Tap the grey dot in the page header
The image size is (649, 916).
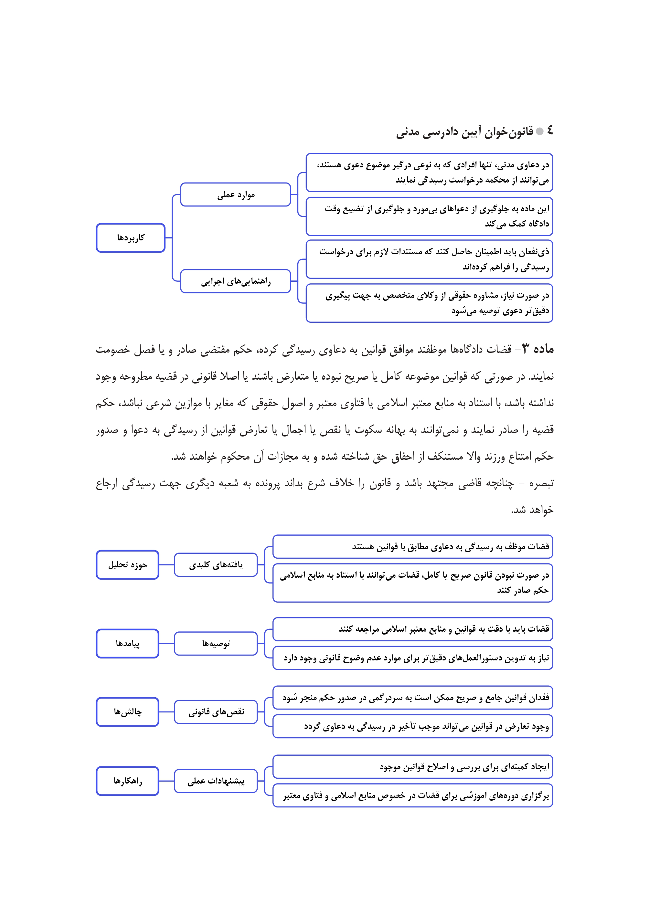pos(539,131)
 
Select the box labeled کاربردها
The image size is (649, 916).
pos(131,238)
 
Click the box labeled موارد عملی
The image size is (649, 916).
pos(235,195)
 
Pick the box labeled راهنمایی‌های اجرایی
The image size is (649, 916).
pos(235,281)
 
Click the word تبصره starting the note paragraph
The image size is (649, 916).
pos(541,483)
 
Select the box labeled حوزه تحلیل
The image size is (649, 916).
pos(127,564)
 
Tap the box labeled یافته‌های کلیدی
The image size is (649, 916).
pos(216,564)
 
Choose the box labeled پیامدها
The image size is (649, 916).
pos(127,643)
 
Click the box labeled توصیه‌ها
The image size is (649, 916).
pos(216,643)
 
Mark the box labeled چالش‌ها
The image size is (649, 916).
pos(127,711)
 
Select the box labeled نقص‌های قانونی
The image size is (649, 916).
pos(216,711)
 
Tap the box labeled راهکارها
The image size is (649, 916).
pos(127,781)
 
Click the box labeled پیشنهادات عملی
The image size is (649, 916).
pos(216,781)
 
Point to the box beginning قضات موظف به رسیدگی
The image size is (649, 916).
pos(412,546)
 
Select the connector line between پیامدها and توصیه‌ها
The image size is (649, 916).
pos(167,643)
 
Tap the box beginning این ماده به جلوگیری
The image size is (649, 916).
pos(429,216)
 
